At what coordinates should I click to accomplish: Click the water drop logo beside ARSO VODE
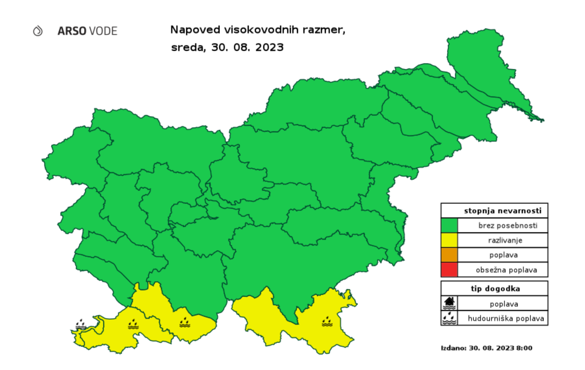click(x=38, y=31)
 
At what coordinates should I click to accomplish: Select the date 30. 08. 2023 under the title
click(x=247, y=48)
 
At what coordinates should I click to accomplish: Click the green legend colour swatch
click(x=449, y=225)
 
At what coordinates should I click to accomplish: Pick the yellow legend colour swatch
click(x=449, y=240)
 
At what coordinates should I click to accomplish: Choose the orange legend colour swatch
click(x=449, y=255)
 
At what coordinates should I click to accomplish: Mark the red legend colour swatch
click(x=449, y=270)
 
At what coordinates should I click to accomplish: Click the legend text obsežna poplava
click(x=506, y=270)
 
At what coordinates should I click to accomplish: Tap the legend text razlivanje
click(x=505, y=240)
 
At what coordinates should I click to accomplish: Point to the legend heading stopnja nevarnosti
click(x=502, y=211)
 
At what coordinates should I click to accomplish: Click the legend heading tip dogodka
click(x=495, y=289)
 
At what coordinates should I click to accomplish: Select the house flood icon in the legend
click(x=449, y=303)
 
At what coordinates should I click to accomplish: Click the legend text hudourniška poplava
click(x=506, y=319)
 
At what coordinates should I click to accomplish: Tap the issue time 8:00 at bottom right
click(x=524, y=348)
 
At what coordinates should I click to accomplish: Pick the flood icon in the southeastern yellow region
click(x=327, y=322)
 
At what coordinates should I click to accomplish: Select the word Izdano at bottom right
click(x=453, y=348)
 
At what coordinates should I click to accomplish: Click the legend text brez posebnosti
click(x=507, y=226)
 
